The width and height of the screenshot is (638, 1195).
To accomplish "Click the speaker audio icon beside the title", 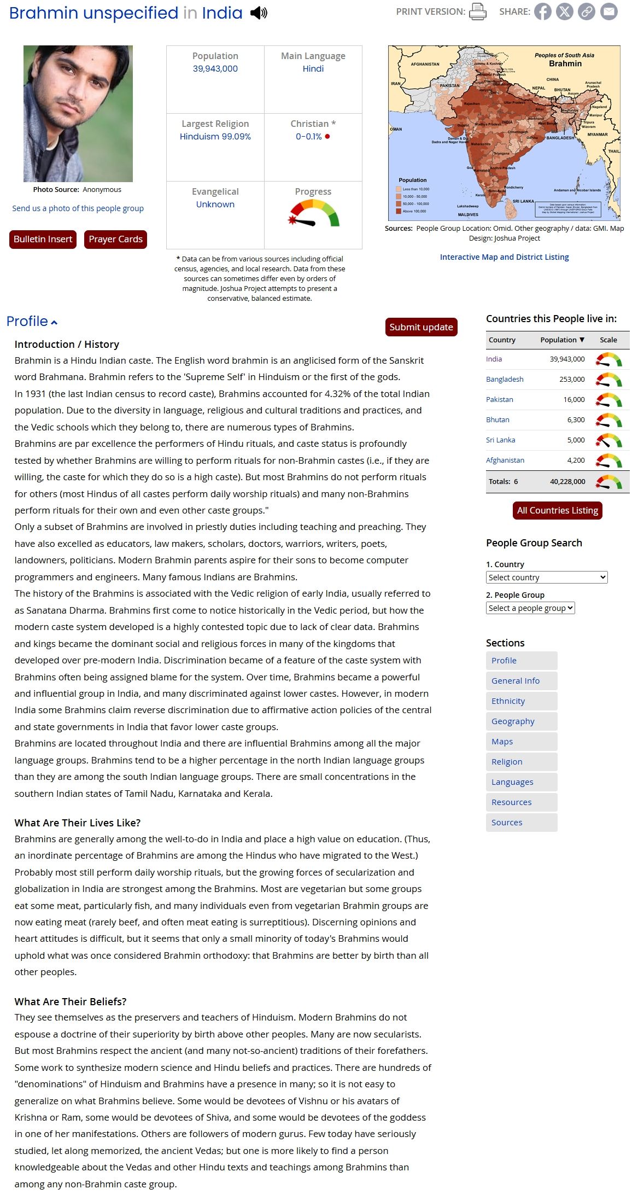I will (x=259, y=13).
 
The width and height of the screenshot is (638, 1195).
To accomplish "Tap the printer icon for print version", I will (x=477, y=11).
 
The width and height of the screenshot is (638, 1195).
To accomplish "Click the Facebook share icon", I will (x=542, y=11).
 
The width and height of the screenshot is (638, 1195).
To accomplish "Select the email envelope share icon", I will (x=608, y=11).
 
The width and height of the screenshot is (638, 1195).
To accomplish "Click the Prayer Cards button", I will (x=115, y=239).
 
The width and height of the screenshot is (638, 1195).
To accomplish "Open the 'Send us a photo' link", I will (x=78, y=208).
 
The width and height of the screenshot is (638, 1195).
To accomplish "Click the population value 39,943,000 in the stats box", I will (x=215, y=69).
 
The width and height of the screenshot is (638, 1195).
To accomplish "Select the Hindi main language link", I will (x=313, y=69).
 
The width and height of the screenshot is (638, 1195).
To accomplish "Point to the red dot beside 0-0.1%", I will (x=327, y=137).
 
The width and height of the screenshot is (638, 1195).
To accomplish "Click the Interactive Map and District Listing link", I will (x=504, y=257).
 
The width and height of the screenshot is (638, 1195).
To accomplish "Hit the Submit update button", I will (x=421, y=327).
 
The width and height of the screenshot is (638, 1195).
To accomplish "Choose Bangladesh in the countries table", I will (x=505, y=379).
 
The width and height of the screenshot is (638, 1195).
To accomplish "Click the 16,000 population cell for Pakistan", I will (x=573, y=399).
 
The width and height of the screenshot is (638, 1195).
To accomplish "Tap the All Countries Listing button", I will (x=557, y=510).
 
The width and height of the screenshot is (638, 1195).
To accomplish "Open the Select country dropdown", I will (x=547, y=578).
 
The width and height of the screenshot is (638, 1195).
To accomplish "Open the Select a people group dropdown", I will (x=530, y=608).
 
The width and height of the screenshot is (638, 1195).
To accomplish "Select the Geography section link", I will (x=513, y=721).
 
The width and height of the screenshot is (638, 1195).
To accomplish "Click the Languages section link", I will (x=512, y=782).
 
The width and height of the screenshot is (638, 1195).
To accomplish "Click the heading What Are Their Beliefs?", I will (x=71, y=1001).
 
